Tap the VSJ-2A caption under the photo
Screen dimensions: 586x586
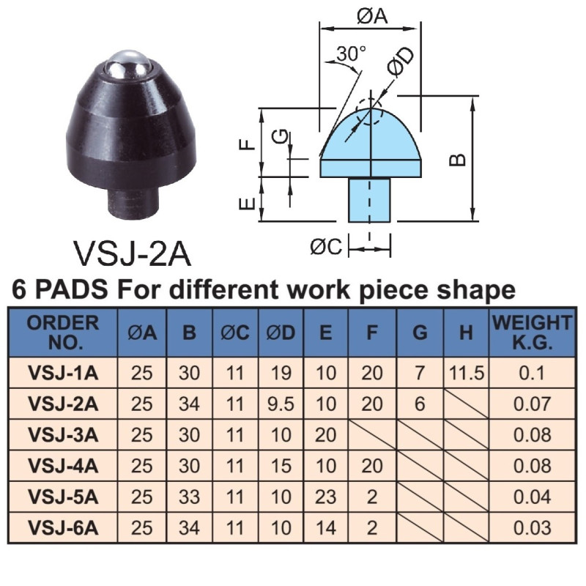133,253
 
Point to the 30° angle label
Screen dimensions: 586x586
351,53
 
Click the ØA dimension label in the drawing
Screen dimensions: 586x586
372,16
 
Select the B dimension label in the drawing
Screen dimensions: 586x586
457,160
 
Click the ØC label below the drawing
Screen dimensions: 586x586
326,247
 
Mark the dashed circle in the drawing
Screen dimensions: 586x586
369,112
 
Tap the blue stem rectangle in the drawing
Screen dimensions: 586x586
369,200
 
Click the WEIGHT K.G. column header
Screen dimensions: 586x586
532,333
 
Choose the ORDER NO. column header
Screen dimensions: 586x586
63,333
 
